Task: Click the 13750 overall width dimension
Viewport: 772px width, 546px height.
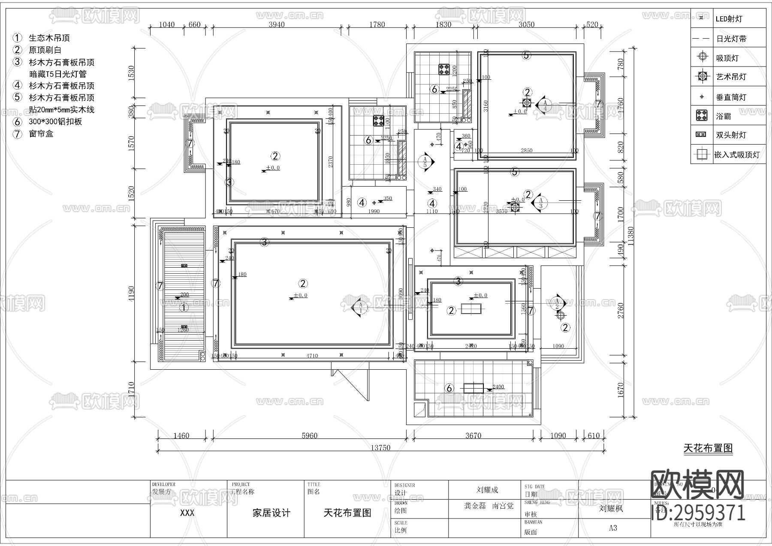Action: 380,447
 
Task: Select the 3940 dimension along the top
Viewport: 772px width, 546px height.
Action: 277,24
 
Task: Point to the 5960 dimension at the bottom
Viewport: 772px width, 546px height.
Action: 309,435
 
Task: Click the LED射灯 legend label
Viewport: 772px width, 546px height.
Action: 729,19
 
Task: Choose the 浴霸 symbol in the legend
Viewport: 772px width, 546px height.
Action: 702,115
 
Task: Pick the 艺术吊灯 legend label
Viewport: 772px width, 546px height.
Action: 731,77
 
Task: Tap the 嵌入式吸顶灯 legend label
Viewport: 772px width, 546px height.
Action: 736,155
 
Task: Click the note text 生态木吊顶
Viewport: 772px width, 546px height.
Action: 49,38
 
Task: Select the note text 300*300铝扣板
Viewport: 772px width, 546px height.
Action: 55,122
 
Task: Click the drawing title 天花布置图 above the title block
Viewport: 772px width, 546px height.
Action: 708,448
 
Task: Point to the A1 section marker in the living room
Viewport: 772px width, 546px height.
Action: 359,306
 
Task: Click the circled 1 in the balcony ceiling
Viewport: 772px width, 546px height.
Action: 183,308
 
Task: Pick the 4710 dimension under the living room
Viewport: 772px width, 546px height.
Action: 312,356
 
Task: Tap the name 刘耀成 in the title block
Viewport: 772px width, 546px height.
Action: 487,490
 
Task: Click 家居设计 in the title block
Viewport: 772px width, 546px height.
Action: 271,513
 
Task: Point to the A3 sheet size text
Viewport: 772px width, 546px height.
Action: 613,528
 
